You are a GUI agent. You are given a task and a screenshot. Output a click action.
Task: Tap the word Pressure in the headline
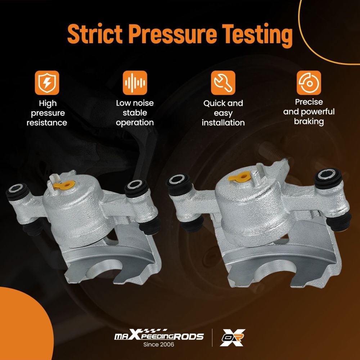tap(172, 33)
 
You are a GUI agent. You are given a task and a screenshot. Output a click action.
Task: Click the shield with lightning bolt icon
tap(47, 83)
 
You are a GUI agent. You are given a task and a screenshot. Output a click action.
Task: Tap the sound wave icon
tap(135, 83)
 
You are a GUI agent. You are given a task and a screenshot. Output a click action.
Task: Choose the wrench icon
tap(223, 83)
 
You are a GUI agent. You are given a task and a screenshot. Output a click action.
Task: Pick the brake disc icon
tap(309, 83)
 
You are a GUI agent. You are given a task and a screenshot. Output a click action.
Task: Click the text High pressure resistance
tap(47, 113)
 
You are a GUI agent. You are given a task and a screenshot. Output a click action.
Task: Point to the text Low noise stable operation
tap(135, 113)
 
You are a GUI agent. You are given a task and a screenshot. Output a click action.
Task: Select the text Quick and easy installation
tap(223, 113)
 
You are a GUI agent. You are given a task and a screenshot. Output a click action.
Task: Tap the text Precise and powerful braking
tap(309, 112)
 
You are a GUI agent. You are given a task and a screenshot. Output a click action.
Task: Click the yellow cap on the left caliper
tap(64, 185)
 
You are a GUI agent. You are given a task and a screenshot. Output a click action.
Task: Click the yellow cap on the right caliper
tap(239, 176)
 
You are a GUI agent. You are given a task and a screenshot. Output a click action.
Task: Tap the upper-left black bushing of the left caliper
tap(18, 192)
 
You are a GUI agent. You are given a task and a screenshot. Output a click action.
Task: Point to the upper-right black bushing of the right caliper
tap(328, 179)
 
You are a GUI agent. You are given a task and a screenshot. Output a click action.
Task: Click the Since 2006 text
tap(159, 345)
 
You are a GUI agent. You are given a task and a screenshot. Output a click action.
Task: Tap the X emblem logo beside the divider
tap(232, 337)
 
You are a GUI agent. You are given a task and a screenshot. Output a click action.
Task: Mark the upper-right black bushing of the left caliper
tap(136, 188)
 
